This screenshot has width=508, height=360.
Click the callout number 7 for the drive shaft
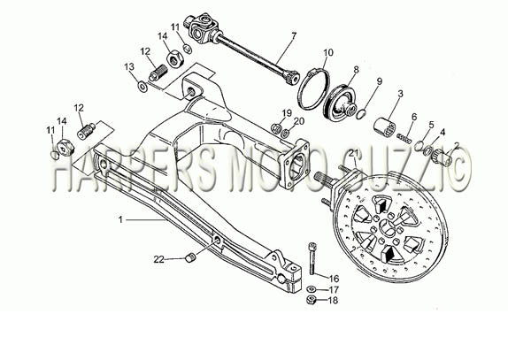click(x=294, y=36)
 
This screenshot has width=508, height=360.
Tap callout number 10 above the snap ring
click(x=327, y=52)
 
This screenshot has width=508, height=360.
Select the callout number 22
click(x=158, y=259)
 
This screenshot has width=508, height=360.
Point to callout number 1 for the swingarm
click(x=120, y=220)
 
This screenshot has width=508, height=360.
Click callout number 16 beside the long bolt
click(x=334, y=279)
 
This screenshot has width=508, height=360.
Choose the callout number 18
click(x=333, y=301)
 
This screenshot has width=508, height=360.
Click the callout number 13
click(x=129, y=67)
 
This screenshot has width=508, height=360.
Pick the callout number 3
click(x=400, y=94)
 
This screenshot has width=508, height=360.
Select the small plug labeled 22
click(x=189, y=258)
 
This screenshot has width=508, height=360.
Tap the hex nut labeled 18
click(x=312, y=300)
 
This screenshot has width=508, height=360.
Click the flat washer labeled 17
click(x=312, y=288)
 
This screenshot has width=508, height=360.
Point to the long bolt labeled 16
click(x=312, y=258)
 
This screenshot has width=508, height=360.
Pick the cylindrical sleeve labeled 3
click(x=385, y=128)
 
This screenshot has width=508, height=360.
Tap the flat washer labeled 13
click(x=142, y=87)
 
